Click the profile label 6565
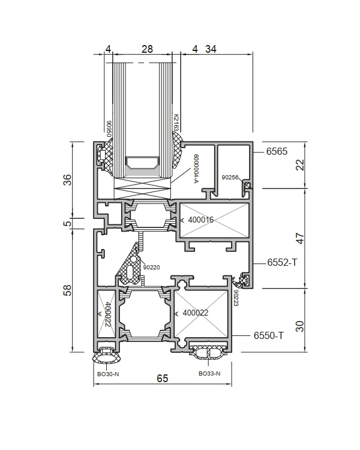coord(277,151)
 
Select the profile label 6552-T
coord(282,262)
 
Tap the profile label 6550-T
coord(269,335)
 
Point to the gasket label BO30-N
coord(108,374)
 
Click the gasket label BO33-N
coord(209,374)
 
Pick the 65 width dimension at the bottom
coord(162,379)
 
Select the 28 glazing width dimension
coord(147,49)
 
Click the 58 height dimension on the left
coord(67,290)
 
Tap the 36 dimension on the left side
coord(67,180)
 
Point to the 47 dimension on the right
coord(299,238)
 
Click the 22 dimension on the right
coord(299,165)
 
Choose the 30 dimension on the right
coord(299,326)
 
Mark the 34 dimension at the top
coord(211,49)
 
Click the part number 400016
coord(201,220)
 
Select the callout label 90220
coord(151,268)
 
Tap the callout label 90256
coord(230,178)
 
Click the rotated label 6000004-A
coord(196,169)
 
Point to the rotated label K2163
coord(176,122)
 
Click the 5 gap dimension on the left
coord(67,223)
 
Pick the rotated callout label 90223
coord(236,298)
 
